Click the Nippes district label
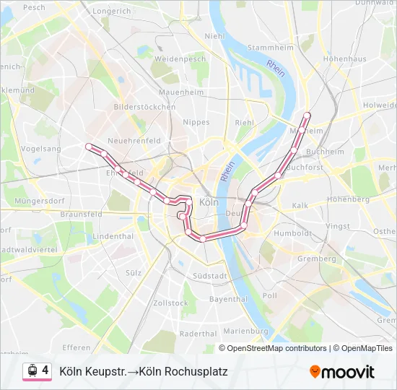196,123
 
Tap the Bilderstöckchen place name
144,107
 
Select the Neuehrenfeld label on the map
133,140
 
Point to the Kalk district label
300,206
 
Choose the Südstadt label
211,276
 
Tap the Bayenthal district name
228,298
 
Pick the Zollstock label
170,303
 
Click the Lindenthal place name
113,236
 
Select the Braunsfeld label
81,214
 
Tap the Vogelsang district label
41,148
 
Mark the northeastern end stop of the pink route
307,115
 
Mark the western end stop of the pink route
89,147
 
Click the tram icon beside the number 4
32,370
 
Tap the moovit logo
342,372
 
